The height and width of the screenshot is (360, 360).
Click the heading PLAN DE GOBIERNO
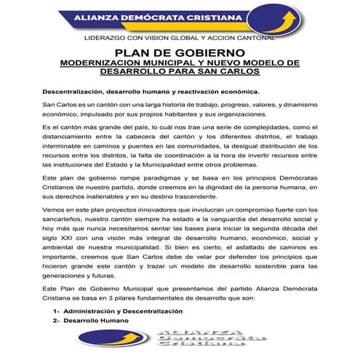(x=180, y=53)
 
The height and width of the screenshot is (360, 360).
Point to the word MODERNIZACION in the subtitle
(x=103, y=63)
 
